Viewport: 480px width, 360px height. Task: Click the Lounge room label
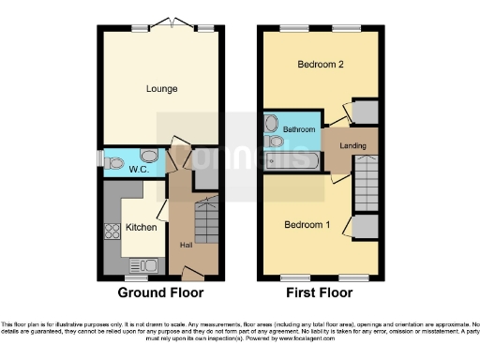162,89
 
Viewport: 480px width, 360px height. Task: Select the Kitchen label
141,228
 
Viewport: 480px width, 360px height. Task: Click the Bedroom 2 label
319,65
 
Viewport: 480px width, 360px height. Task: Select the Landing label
352,145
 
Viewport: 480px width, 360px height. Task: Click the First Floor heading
321,292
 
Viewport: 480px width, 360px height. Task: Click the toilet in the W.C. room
114,162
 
